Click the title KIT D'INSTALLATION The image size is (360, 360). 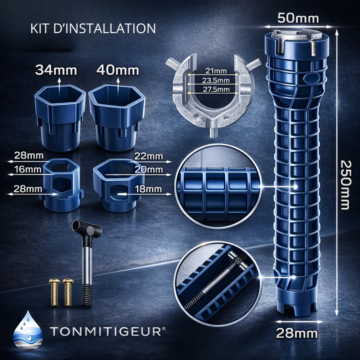tap(93, 28)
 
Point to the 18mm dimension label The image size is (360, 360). tap(148, 189)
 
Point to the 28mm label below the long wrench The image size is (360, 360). tap(297, 334)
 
